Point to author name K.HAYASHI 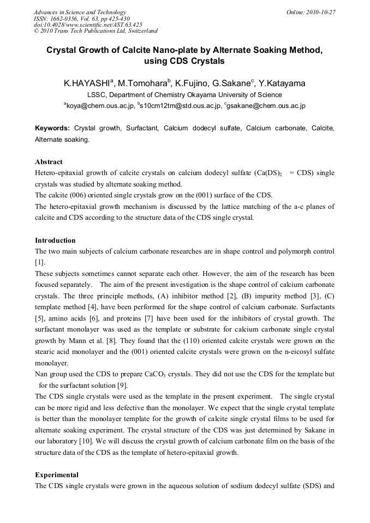point(87,84)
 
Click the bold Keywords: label point(52,128)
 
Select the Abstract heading point(49,162)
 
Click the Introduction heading point(55,241)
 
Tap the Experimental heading point(56,475)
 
